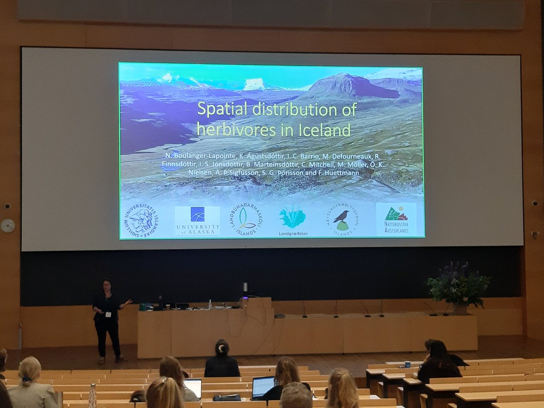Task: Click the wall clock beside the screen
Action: pos(8,225)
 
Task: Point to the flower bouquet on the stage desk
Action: pos(458,284)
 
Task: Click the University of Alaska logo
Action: pos(197,221)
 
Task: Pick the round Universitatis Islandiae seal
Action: pos(141,220)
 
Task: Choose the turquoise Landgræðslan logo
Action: pos(292,218)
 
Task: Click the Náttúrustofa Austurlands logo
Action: pos(396,219)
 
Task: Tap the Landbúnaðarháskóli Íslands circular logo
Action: pos(246,219)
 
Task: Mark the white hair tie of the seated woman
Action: pos(222,348)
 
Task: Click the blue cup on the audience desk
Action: pos(408,364)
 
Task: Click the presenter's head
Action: pos(107,286)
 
